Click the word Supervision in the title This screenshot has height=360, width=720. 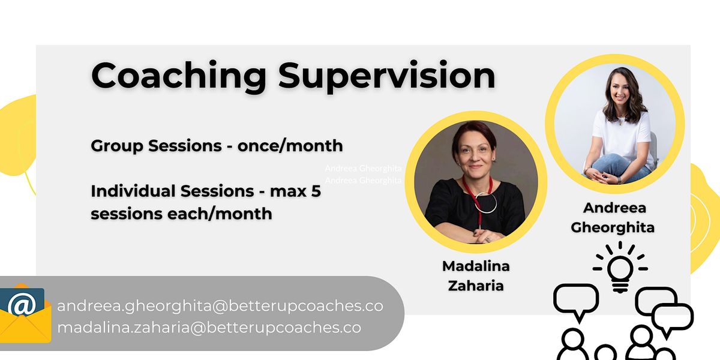387,77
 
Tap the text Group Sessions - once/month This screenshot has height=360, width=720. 217,146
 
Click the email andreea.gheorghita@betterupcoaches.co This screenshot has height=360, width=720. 220,306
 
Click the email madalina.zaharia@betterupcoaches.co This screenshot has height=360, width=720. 209,328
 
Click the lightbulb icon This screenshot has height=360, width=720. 620,268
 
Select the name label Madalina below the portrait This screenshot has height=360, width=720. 476,266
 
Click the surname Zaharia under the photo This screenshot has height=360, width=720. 476,285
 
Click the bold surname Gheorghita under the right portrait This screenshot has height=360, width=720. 613,227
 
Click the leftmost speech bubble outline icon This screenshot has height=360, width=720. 575,301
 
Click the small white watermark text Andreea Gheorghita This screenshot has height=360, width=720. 363,169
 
